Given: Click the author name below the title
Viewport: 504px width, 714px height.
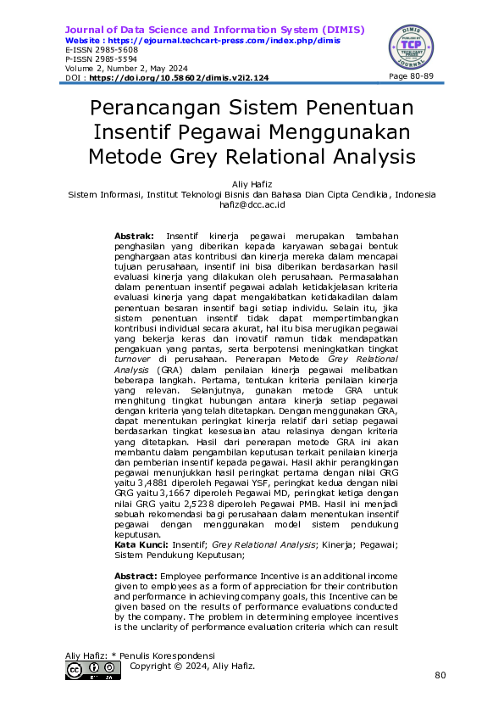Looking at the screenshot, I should (x=252, y=184).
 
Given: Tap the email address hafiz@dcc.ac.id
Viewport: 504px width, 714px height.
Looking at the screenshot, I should (x=252, y=204).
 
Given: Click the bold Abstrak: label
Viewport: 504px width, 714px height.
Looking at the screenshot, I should (x=134, y=233).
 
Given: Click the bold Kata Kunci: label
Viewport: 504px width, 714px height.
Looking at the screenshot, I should (x=141, y=544).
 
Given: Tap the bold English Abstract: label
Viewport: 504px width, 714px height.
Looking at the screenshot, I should (x=136, y=576).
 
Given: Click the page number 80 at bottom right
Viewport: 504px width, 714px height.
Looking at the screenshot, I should (x=439, y=675).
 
